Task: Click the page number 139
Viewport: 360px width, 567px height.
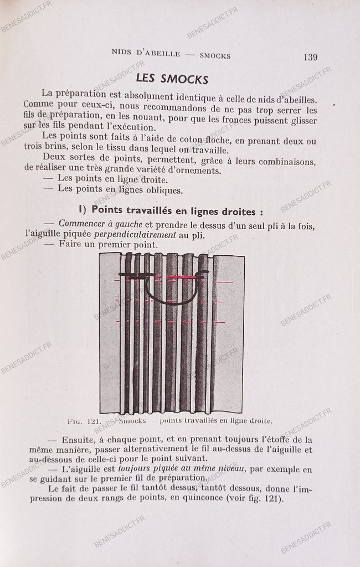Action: (310, 56)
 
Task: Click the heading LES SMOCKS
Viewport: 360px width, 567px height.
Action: (172, 79)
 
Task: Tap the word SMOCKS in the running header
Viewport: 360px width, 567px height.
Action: (215, 55)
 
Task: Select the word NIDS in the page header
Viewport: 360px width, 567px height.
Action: (122, 54)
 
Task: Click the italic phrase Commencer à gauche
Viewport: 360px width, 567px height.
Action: (101, 224)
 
